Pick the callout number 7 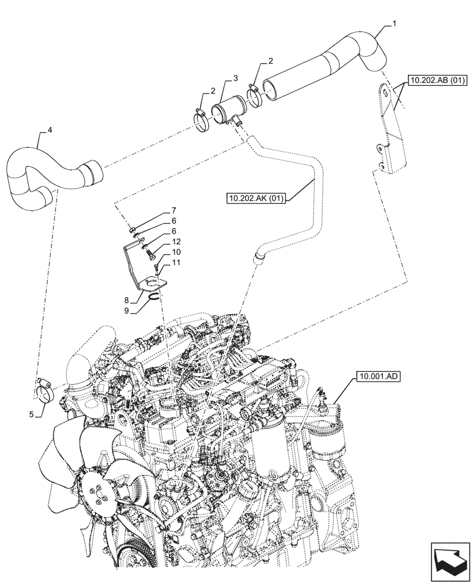pos(173,210)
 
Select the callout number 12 pos(176,242)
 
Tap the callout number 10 pos(176,252)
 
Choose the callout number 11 pos(176,263)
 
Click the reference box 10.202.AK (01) pos(256,199)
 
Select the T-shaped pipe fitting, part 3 pos(225,111)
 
